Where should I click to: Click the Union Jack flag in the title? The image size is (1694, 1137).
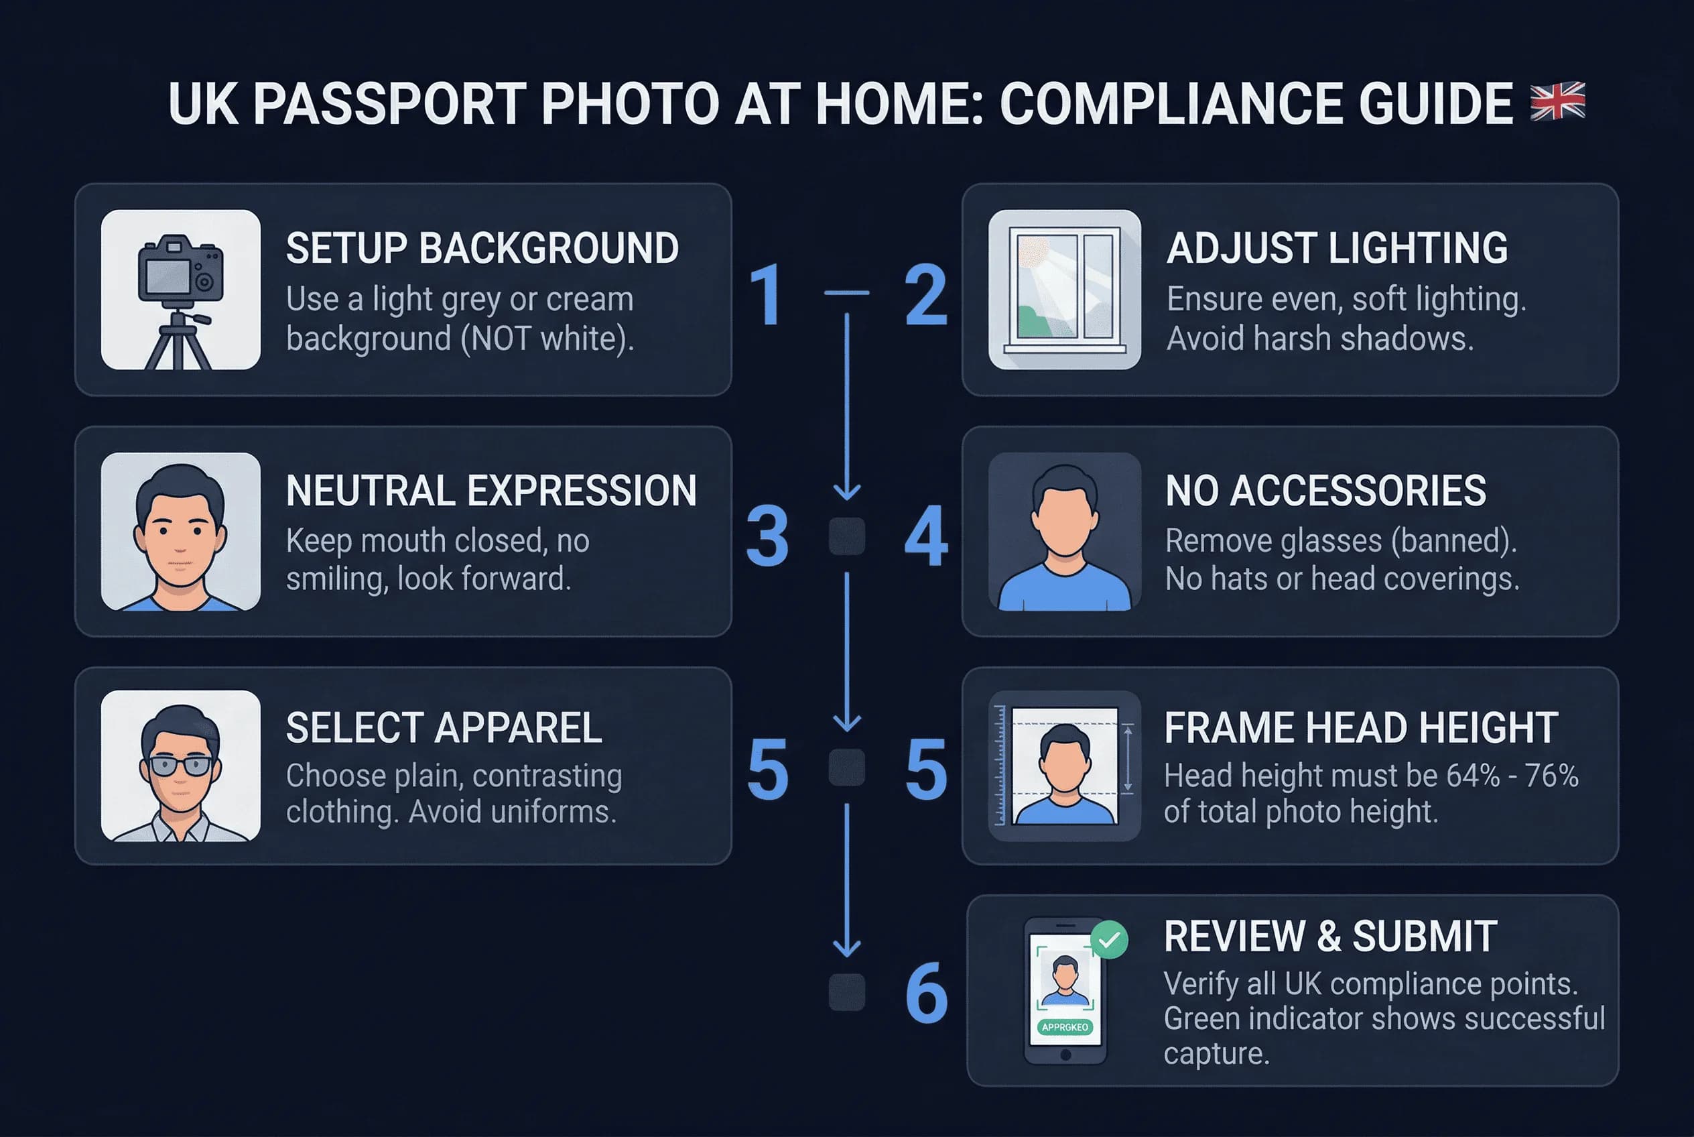1557,101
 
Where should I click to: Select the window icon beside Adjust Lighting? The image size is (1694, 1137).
1064,290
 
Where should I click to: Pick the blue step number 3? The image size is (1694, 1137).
767,536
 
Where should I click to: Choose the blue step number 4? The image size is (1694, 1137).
925,536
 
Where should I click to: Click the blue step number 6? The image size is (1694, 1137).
926,992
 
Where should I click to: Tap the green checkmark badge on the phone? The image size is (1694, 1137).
1109,940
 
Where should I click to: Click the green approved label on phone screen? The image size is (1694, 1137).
1065,1027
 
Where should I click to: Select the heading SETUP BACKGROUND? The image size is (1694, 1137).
482,248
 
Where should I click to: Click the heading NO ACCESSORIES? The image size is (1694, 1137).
1325,491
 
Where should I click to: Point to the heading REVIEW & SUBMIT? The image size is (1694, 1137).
1330,936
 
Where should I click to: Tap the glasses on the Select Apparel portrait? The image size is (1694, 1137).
180,765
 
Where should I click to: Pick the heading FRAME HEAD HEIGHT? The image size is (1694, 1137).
1360,728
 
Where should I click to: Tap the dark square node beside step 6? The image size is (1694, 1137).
846,992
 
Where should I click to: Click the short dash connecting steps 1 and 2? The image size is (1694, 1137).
846,293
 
